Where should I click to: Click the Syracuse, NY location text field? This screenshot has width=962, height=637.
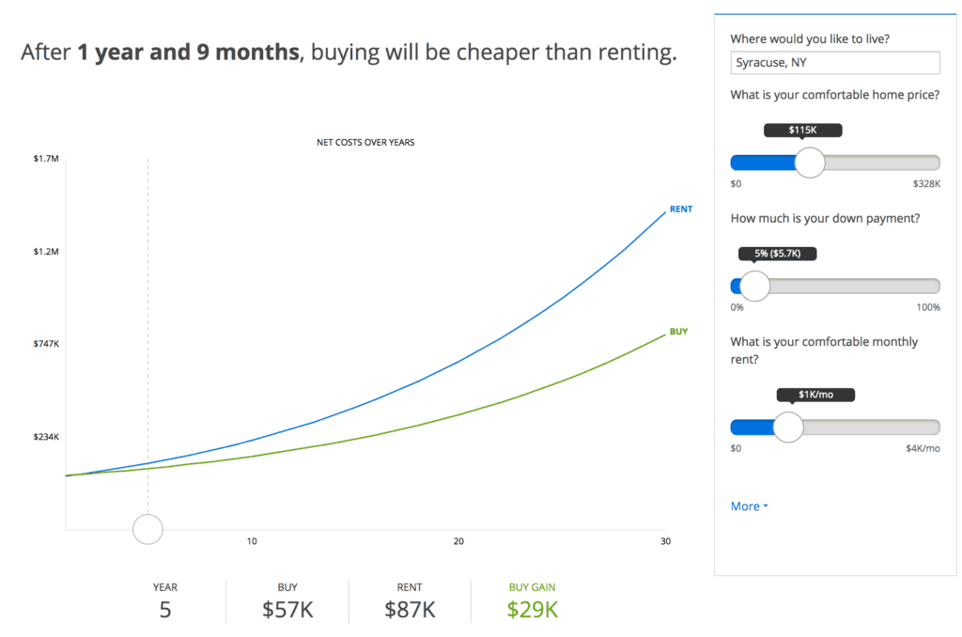click(x=834, y=63)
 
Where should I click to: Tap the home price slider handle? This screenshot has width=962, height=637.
click(x=809, y=163)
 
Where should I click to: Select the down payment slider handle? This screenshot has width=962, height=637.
click(x=753, y=286)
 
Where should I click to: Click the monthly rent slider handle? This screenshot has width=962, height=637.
click(x=787, y=427)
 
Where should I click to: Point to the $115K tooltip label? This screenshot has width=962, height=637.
click(x=802, y=131)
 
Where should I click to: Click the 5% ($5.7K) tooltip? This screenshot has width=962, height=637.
click(x=777, y=254)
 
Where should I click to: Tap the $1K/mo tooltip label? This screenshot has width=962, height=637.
click(x=815, y=395)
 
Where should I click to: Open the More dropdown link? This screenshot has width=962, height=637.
click(x=749, y=506)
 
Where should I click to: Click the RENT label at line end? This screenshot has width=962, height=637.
click(x=680, y=209)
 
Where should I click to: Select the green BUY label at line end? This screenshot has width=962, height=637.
click(x=678, y=332)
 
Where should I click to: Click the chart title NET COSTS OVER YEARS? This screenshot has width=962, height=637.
click(x=365, y=143)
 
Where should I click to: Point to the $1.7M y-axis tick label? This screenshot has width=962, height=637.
click(x=46, y=160)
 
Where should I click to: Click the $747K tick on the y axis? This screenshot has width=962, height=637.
click(x=46, y=345)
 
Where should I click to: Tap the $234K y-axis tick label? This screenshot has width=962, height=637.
click(x=46, y=437)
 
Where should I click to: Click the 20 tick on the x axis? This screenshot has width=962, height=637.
click(x=458, y=541)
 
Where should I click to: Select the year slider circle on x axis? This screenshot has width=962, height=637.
click(x=147, y=529)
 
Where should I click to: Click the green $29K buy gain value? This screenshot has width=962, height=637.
click(x=532, y=609)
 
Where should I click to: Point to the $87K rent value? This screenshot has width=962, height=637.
click(x=410, y=609)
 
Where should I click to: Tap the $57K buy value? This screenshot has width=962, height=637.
click(x=287, y=609)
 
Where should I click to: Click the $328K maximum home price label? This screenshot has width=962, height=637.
click(x=926, y=184)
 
